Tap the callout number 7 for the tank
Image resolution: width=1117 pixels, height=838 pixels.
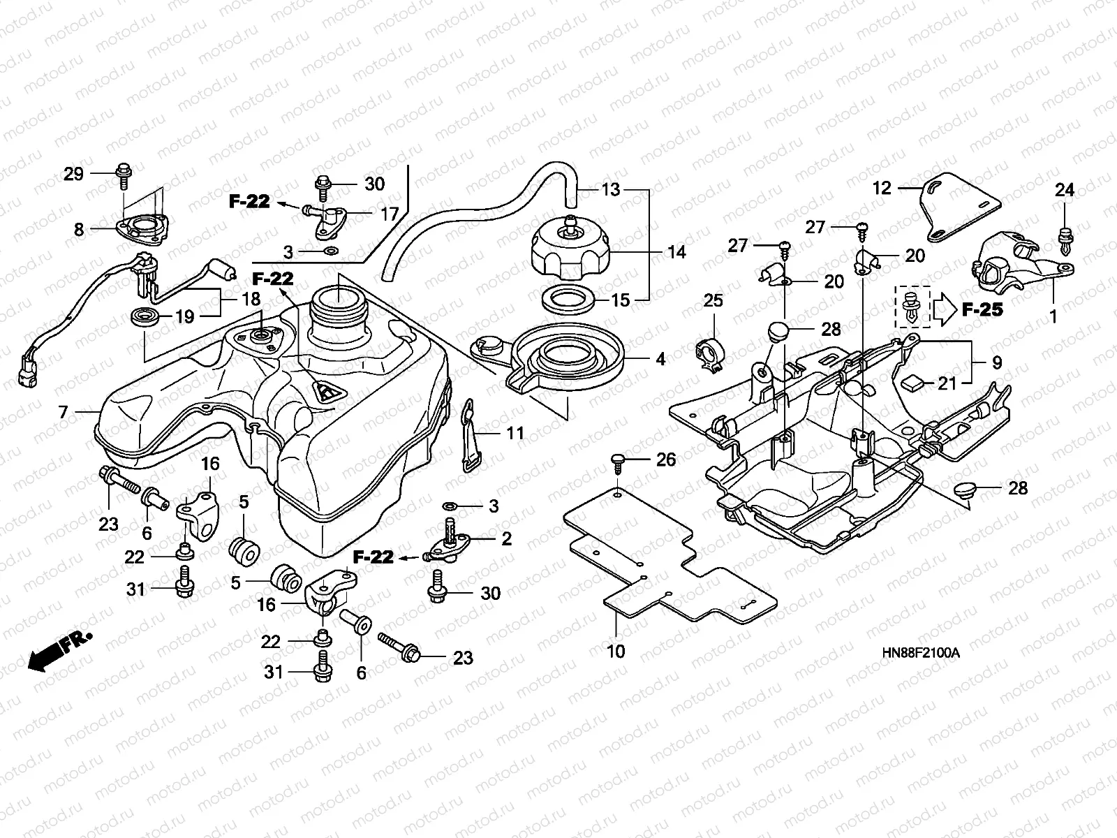(x=64, y=412)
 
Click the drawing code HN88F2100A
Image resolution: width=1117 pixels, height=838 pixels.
(x=921, y=654)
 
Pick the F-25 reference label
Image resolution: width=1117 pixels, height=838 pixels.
(x=982, y=309)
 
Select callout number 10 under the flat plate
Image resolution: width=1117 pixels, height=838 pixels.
(x=616, y=651)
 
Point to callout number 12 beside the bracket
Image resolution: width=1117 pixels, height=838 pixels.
(x=882, y=187)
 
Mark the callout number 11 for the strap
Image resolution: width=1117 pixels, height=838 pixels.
(x=515, y=434)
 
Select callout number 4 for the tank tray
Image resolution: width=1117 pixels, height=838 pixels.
(x=660, y=359)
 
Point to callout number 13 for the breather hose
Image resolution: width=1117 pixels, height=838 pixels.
(x=611, y=189)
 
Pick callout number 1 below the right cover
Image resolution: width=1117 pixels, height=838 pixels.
(x=1053, y=316)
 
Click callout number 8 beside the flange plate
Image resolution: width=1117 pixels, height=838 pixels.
(x=79, y=229)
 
